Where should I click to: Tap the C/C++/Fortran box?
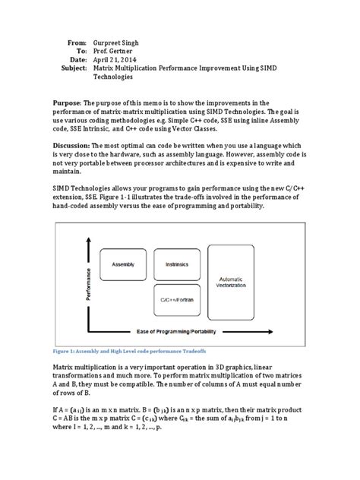177,299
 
